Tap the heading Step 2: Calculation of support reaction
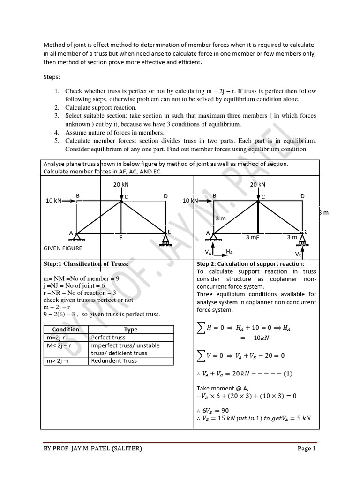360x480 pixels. point(250,264)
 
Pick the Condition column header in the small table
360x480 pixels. point(66,330)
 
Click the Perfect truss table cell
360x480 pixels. point(108,337)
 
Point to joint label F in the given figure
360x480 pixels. point(121,238)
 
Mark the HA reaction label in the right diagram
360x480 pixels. point(229,252)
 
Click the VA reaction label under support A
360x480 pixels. point(208,252)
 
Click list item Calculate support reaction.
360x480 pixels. point(101,108)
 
